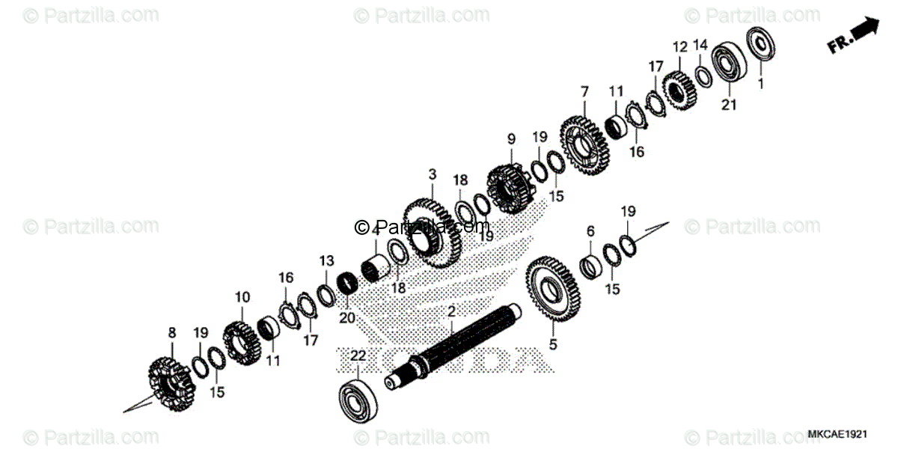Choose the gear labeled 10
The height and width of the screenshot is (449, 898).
coord(241,343)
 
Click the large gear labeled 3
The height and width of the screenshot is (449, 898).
coord(432,233)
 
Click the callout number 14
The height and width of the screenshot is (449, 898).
coord(700,46)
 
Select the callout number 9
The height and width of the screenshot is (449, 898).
coord(511,138)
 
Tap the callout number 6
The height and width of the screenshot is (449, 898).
coord(590,231)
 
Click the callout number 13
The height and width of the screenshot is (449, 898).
coord(326,260)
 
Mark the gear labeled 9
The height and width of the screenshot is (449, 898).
coord(508,189)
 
